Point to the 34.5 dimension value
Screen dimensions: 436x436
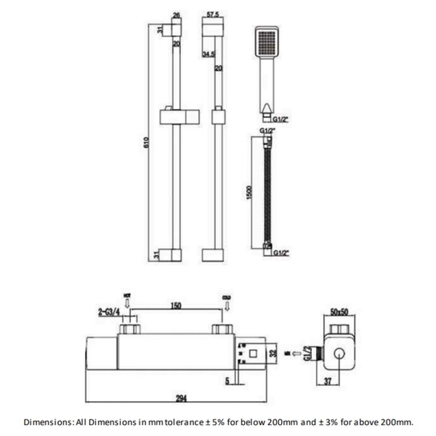208,55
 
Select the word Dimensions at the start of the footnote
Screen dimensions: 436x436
47,421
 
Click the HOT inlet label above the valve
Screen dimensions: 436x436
128,296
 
